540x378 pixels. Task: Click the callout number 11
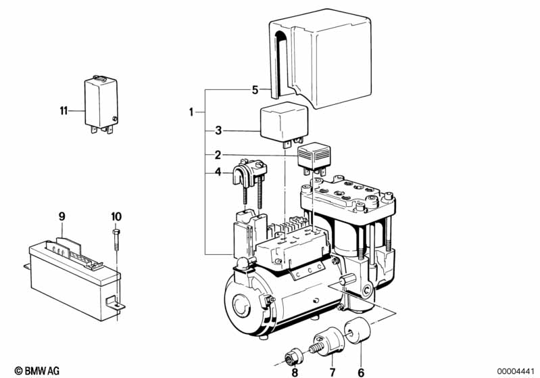[x=64, y=111]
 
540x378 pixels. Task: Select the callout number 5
[x=255, y=91]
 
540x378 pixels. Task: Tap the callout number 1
[x=191, y=112]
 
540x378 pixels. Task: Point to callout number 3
[x=218, y=131]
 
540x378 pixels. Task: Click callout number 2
[x=218, y=155]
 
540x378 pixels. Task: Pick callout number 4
[x=218, y=172]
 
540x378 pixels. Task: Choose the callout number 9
[x=62, y=217]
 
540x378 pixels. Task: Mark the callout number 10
[x=116, y=217]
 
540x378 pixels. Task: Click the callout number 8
[x=295, y=372]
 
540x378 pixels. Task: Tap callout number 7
[x=332, y=372]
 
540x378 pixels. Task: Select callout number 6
[x=361, y=372]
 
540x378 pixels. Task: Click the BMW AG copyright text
[x=37, y=371]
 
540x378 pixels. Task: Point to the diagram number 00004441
[x=516, y=371]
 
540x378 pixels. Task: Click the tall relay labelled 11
[x=101, y=104]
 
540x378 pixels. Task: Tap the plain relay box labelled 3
[x=283, y=124]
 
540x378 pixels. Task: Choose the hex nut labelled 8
[x=293, y=357]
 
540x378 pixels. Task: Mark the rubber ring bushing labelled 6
[x=358, y=331]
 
